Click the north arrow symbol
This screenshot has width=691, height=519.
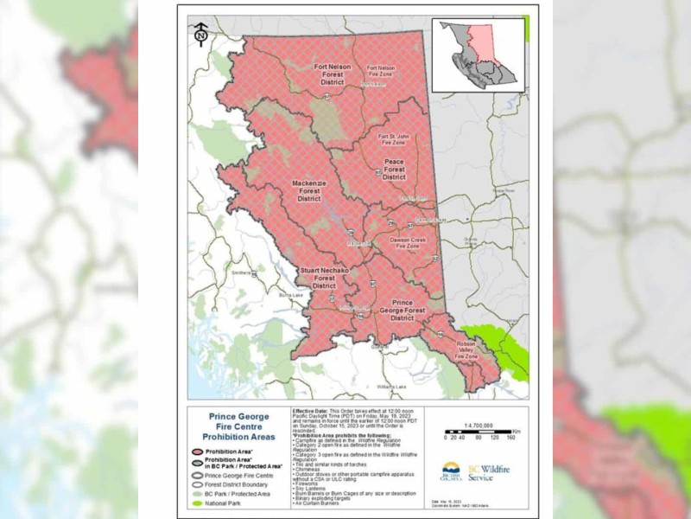coord(200,35)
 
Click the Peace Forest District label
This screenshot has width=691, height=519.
coord(394,170)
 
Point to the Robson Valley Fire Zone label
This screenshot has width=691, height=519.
coord(467,349)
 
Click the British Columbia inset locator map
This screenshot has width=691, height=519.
coord(478,55)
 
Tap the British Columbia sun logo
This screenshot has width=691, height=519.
coord(450,471)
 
